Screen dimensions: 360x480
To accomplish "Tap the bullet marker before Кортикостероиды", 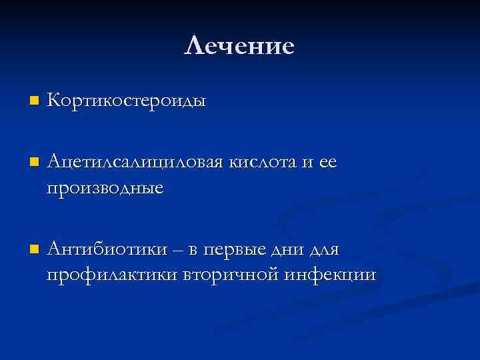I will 34,102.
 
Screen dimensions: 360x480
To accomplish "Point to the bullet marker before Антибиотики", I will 34,249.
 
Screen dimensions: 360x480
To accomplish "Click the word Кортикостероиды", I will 127,102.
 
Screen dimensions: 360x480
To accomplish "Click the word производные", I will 105,189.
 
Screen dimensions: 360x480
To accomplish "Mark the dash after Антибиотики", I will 179,251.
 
